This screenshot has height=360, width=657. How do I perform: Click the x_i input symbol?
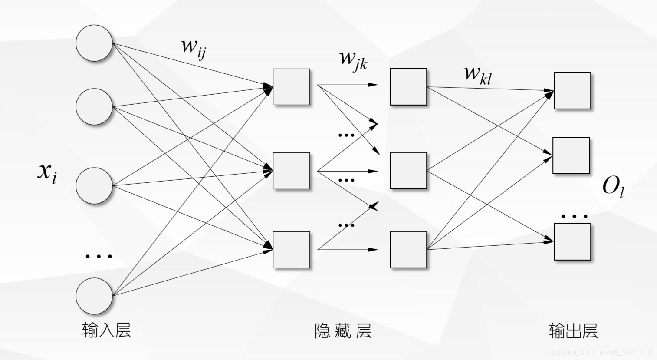tap(47, 173)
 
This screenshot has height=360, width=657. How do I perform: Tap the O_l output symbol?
tap(613, 187)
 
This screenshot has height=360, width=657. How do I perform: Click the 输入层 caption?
tap(106, 330)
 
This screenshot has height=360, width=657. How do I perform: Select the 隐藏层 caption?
tap(343, 331)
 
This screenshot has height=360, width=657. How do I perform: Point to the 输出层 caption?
tap(573, 331)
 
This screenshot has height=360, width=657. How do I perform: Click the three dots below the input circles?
tap(99, 257)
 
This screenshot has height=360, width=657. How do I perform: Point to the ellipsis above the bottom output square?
tap(574, 217)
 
